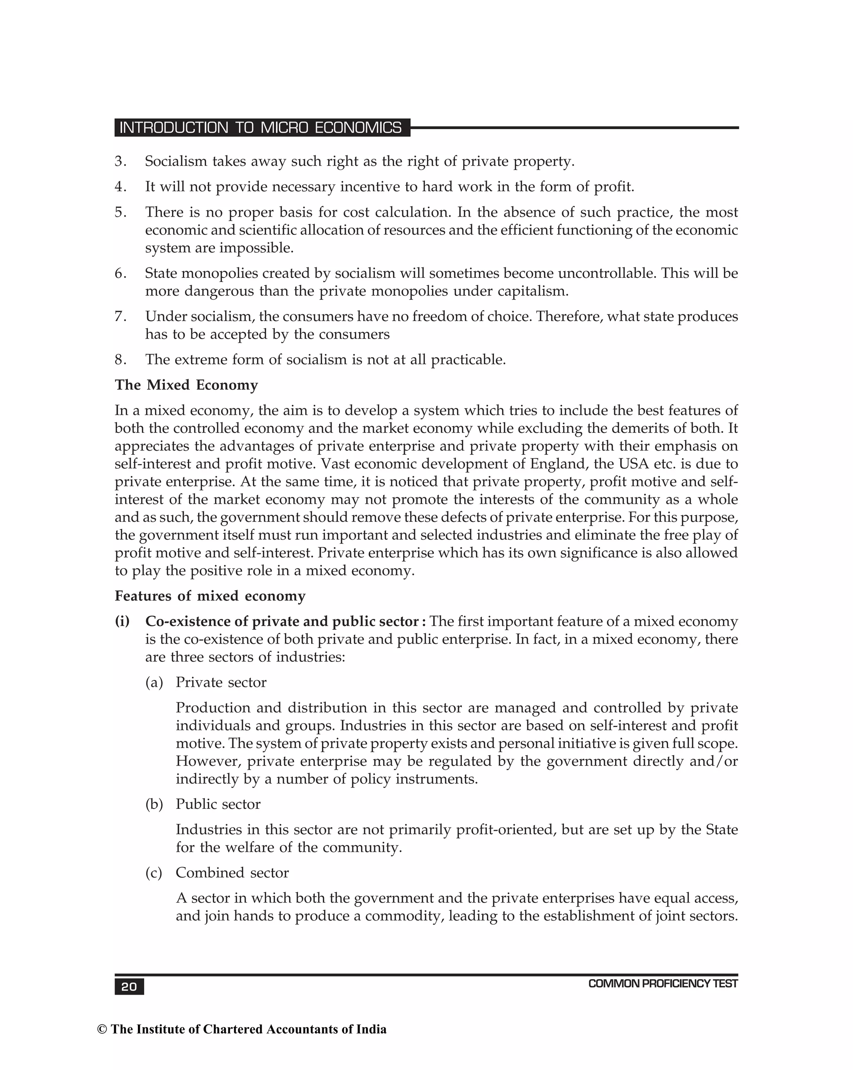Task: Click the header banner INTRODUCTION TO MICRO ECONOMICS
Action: pos(261,127)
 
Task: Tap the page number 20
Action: pos(129,987)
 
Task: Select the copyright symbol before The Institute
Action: pos(102,1029)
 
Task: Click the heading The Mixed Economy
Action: pos(186,385)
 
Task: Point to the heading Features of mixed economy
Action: pos(210,596)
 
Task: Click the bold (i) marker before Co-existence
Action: pos(122,621)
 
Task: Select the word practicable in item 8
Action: pos(468,360)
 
